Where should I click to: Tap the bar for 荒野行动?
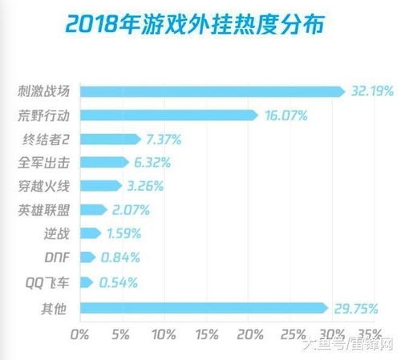pyautogui.click(x=168, y=115)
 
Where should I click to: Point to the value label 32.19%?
pyautogui.click(x=371, y=91)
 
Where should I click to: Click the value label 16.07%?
pyautogui.click(x=286, y=115)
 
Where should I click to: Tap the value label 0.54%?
pyautogui.click(x=118, y=282)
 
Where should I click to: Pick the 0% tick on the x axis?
pyautogui.click(x=80, y=333)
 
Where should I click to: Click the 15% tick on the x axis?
pyautogui.click(x=206, y=333)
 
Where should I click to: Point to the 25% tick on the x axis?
pyautogui.click(x=291, y=333)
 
